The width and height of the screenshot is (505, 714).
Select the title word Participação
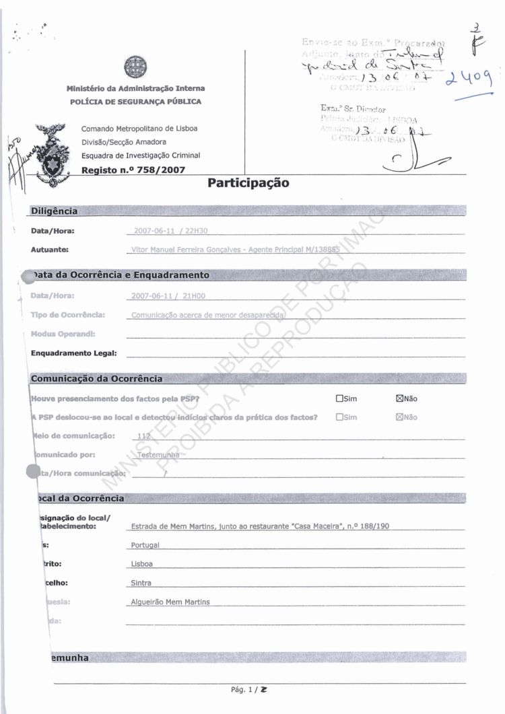248,182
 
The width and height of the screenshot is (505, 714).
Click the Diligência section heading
55,211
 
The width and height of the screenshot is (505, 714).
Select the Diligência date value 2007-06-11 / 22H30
171,231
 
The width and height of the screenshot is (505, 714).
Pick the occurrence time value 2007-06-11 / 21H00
168,295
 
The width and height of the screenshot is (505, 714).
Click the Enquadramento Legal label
74,353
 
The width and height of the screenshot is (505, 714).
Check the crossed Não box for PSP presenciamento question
399,398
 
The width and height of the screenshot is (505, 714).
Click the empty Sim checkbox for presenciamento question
339,398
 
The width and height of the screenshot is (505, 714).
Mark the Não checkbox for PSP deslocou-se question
399,417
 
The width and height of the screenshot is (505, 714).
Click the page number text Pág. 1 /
245,690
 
